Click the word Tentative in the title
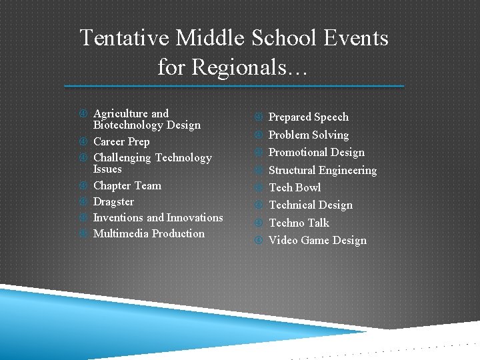(x=125, y=38)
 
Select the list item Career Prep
(x=121, y=141)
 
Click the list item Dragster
(x=113, y=201)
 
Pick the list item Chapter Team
(x=127, y=185)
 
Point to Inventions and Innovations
(x=158, y=217)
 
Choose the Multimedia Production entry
(x=149, y=233)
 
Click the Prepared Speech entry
(x=308, y=117)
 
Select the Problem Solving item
(x=308, y=135)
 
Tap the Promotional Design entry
(x=316, y=152)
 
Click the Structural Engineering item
(x=322, y=170)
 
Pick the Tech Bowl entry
(x=294, y=187)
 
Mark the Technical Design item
(x=310, y=205)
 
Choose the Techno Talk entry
(x=299, y=223)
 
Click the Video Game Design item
(x=317, y=240)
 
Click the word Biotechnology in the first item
(x=127, y=125)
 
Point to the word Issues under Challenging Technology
(x=107, y=169)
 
